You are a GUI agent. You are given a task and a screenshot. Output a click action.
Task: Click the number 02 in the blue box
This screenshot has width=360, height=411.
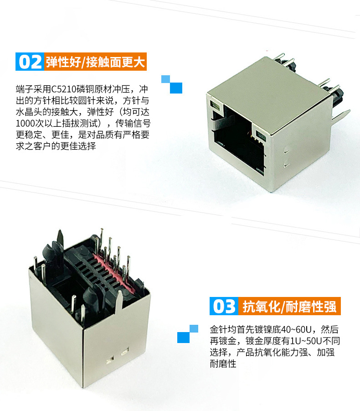click(x=30, y=62)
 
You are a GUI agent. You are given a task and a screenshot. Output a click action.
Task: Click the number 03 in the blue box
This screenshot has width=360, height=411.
click(x=224, y=306)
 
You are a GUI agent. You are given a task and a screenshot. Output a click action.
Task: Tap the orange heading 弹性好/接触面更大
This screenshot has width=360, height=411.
click(x=95, y=62)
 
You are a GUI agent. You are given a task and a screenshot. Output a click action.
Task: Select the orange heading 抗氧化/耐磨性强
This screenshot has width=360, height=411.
click(x=289, y=307)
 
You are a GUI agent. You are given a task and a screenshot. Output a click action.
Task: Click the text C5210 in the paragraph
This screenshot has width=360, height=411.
click(x=62, y=89)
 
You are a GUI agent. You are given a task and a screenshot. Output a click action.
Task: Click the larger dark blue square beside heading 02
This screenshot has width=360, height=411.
click(x=176, y=88)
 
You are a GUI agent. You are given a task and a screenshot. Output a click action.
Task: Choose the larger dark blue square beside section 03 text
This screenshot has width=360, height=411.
click(x=183, y=338)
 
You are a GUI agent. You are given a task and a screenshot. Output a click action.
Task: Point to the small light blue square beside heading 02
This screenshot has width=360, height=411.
click(x=165, y=79)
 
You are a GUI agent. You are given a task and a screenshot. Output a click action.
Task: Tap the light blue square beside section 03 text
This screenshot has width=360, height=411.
click(x=194, y=329)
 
